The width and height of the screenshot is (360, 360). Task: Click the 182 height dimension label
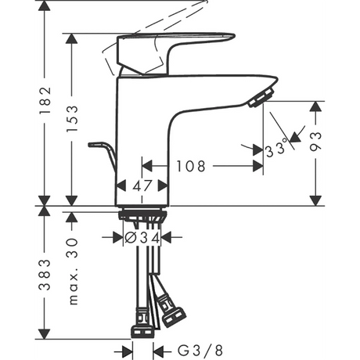click(45, 101)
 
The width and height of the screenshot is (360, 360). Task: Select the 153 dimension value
click(72, 119)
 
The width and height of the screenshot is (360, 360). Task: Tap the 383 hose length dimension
click(45, 275)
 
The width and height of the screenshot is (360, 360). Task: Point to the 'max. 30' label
click(72, 272)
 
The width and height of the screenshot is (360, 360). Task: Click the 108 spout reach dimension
click(191, 166)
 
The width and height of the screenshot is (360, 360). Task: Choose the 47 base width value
click(142, 186)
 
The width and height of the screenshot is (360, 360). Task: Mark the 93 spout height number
click(315, 142)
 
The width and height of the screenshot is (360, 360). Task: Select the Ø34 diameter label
click(142, 238)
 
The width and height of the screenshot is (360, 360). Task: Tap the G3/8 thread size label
click(200, 351)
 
